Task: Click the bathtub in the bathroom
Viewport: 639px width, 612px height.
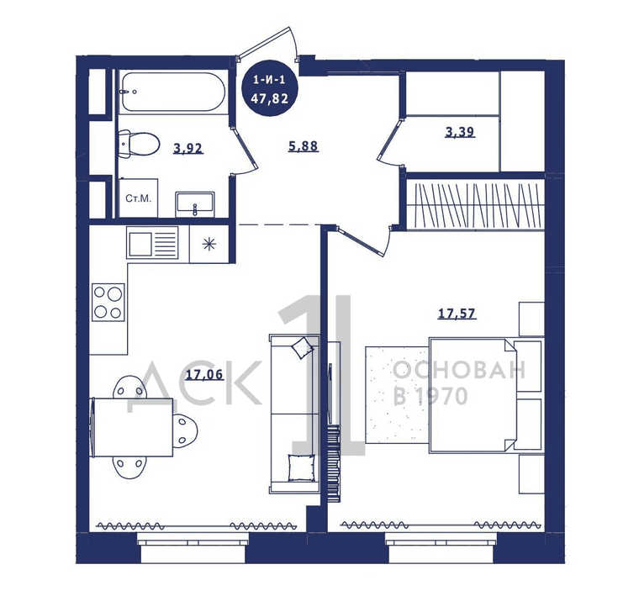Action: pyautogui.click(x=173, y=92)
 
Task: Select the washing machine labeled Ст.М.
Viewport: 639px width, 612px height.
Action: pyautogui.click(x=139, y=198)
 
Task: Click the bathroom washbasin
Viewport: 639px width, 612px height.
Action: pyautogui.click(x=195, y=204)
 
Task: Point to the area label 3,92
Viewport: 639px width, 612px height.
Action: pyautogui.click(x=187, y=148)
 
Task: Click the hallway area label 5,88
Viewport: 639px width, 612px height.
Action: pyautogui.click(x=304, y=146)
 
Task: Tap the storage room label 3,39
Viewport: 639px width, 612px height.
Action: pyautogui.click(x=460, y=132)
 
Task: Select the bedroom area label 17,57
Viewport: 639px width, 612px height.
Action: pyautogui.click(x=457, y=314)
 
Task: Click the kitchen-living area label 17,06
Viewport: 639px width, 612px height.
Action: pyautogui.click(x=204, y=374)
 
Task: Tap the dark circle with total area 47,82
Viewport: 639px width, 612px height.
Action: pyautogui.click(x=269, y=89)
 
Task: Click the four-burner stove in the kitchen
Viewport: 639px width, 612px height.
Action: pyautogui.click(x=108, y=302)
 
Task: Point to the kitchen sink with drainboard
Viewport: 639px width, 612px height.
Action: pyautogui.click(x=152, y=243)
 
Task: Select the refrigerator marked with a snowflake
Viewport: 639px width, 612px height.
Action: pyautogui.click(x=209, y=244)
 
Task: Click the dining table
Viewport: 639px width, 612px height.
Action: pyautogui.click(x=133, y=427)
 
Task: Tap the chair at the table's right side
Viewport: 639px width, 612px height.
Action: pyautogui.click(x=186, y=429)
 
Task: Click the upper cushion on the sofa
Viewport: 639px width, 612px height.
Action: pyautogui.click(x=302, y=347)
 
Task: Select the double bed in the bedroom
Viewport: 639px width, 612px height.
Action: pyautogui.click(x=486, y=395)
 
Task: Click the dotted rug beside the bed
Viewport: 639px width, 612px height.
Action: pyautogui.click(x=398, y=394)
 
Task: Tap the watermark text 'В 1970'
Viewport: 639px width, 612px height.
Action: pyautogui.click(x=430, y=396)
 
